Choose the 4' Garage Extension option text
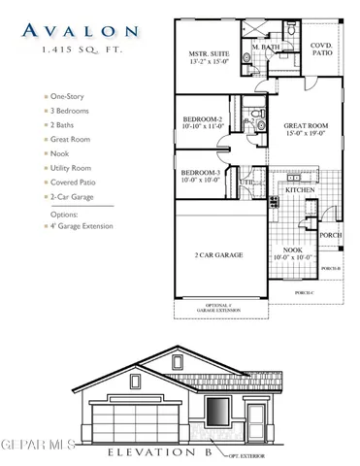tap(85, 226)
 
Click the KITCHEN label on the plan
tap(299, 190)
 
